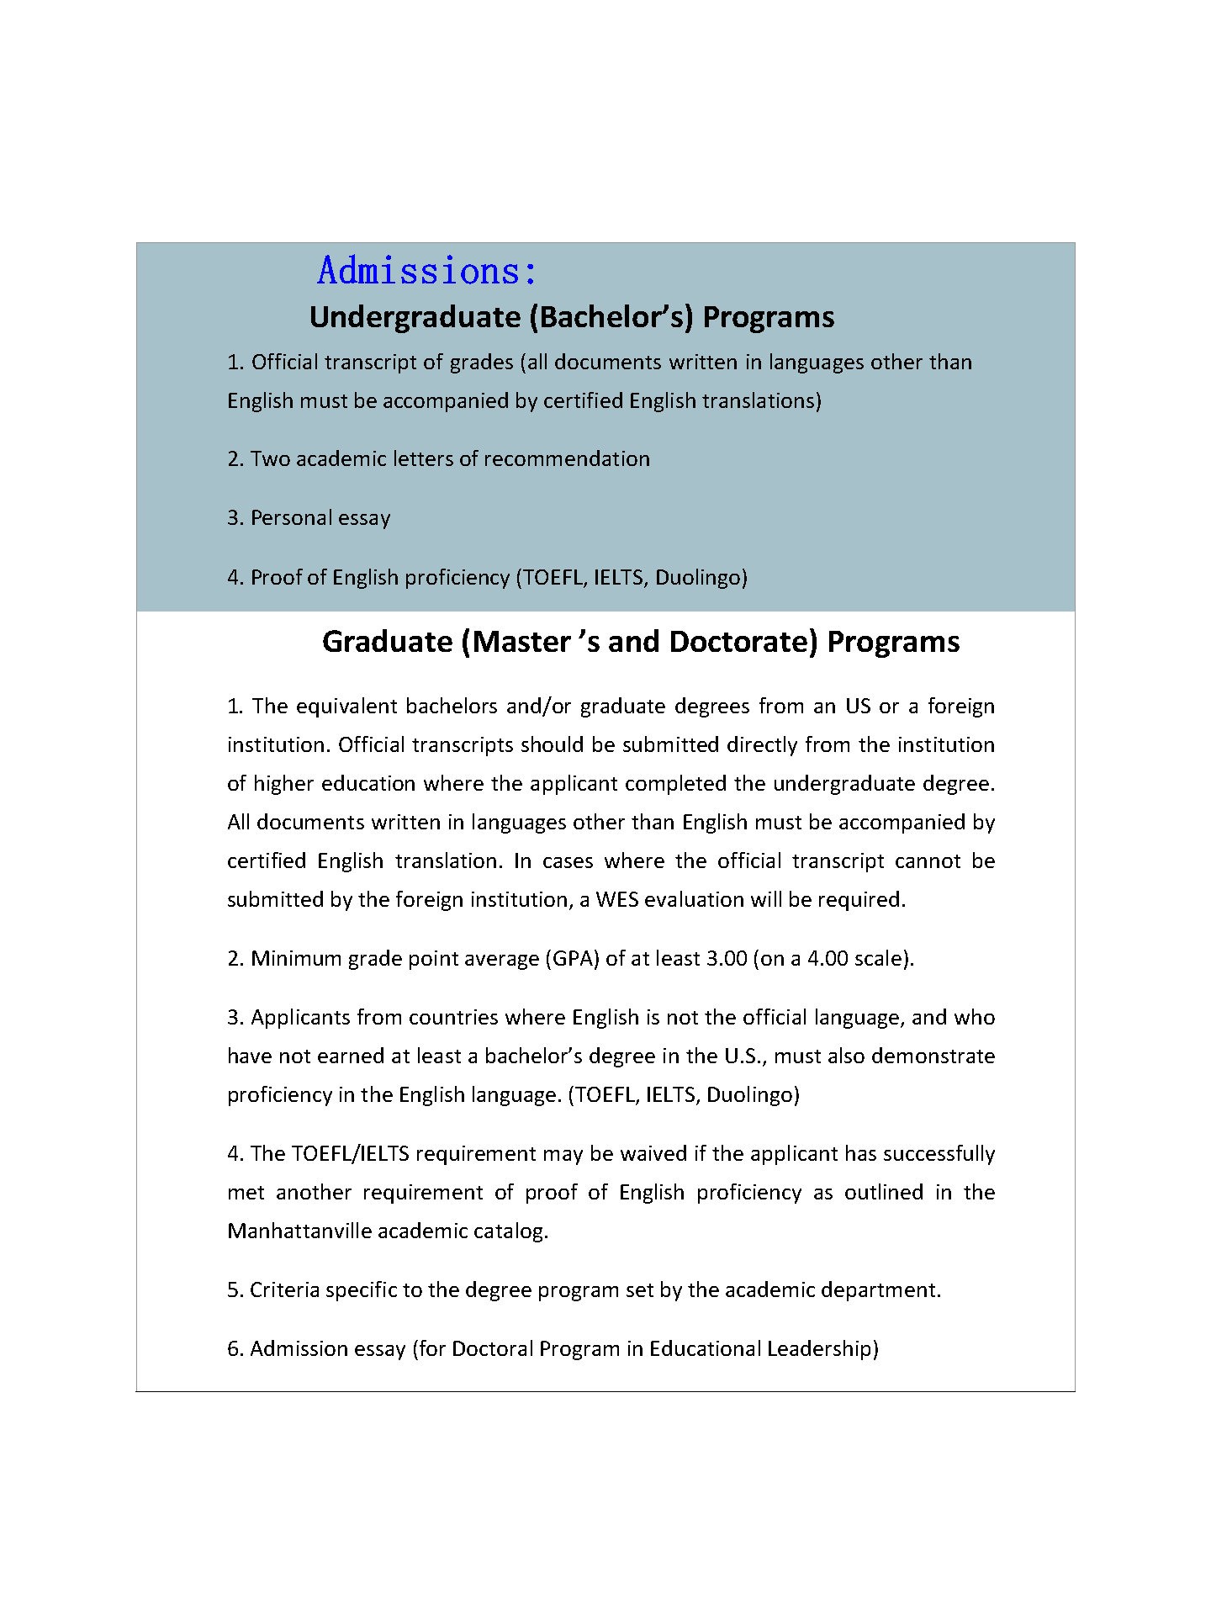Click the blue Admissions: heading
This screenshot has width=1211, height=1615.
tap(427, 271)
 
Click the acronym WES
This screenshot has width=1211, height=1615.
tap(618, 900)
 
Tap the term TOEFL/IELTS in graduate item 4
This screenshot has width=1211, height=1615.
tap(350, 1154)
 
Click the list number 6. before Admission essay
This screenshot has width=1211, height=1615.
tap(235, 1349)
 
